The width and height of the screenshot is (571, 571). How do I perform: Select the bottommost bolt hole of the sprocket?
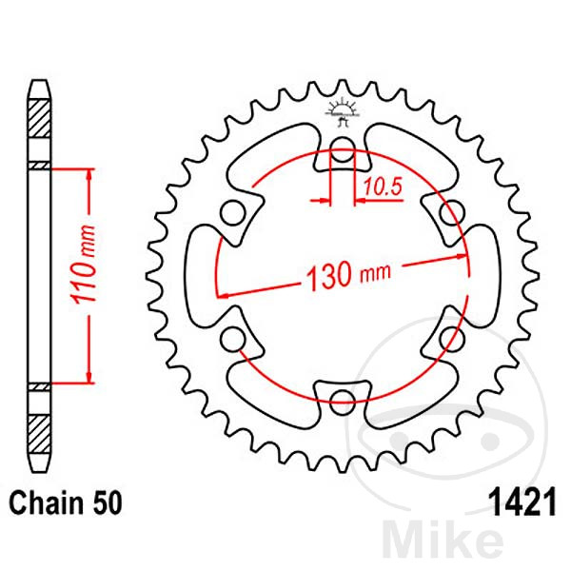coord(341,399)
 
